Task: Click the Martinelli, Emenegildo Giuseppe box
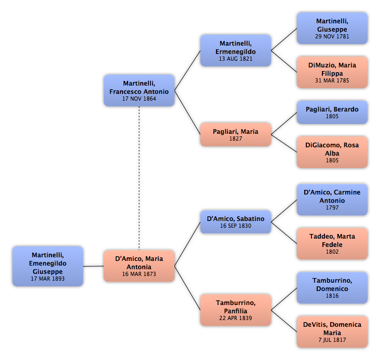(48, 266)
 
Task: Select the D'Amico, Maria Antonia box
(139, 266)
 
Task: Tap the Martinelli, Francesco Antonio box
(139, 90)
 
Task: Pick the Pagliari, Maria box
(236, 134)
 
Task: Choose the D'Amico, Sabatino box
(236, 222)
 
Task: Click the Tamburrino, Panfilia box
(236, 310)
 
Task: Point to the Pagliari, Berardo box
(332, 113)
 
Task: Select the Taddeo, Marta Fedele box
(332, 244)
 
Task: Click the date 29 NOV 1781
(332, 36)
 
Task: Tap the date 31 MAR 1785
(332, 80)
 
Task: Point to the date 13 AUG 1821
(236, 59)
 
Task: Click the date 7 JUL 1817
(332, 340)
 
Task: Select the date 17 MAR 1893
(48, 279)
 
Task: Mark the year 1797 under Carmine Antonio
(332, 207)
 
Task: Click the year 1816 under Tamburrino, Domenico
(332, 296)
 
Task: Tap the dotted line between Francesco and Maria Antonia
(139, 178)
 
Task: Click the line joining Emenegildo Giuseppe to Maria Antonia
(93, 266)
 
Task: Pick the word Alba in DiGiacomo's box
(332, 153)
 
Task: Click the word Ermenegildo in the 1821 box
(236, 51)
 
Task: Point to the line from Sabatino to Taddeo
(284, 233)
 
